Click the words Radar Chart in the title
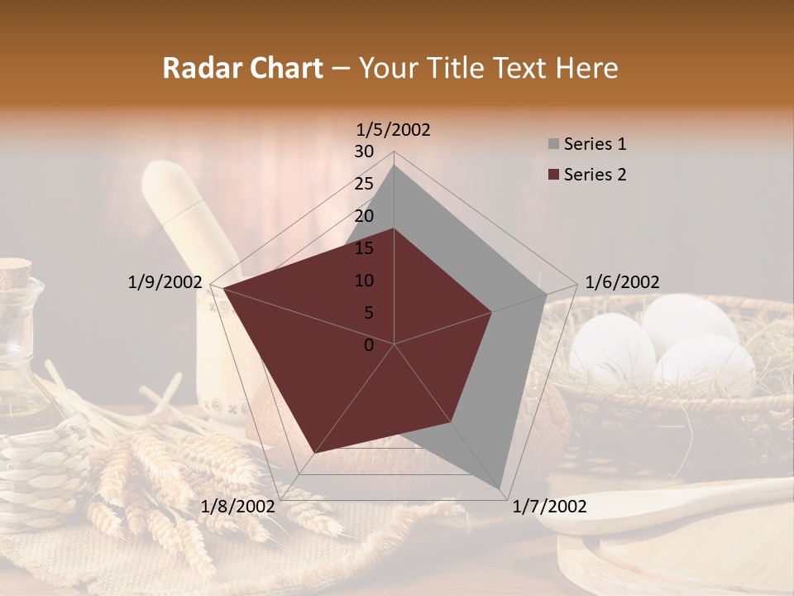pos(242,69)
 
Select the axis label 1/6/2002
pos(622,282)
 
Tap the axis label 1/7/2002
pos(549,507)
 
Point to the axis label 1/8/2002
pos(237,507)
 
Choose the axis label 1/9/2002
pos(165,282)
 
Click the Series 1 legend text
pos(595,144)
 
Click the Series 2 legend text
pos(595,175)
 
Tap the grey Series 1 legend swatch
pos(552,145)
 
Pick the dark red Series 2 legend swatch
pos(552,175)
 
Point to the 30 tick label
pos(363,151)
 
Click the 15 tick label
pos(363,248)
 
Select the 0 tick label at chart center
pos(369,345)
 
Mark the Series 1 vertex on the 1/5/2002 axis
pos(395,165)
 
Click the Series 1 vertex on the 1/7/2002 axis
pos(500,488)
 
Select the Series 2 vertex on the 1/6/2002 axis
pos(492,312)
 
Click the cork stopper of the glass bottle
pos(14,271)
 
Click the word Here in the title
pos(587,69)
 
